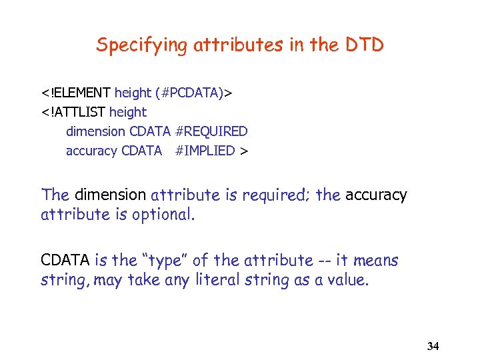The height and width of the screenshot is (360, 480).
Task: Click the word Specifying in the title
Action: pyautogui.click(x=132, y=45)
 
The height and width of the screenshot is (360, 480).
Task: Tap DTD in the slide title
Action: pyautogui.click(x=365, y=45)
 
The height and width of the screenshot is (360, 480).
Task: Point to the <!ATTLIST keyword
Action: pyautogui.click(x=73, y=113)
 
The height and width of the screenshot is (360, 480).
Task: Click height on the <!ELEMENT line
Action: pyautogui.click(x=133, y=93)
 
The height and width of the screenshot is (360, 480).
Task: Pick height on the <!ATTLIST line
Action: pyautogui.click(x=128, y=113)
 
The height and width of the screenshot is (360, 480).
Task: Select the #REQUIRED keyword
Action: pyautogui.click(x=211, y=132)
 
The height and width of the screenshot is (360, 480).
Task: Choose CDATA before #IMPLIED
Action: pyautogui.click(x=141, y=151)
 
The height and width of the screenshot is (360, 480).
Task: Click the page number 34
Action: pyautogui.click(x=433, y=346)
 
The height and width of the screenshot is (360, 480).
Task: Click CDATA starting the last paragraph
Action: pyautogui.click(x=65, y=261)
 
